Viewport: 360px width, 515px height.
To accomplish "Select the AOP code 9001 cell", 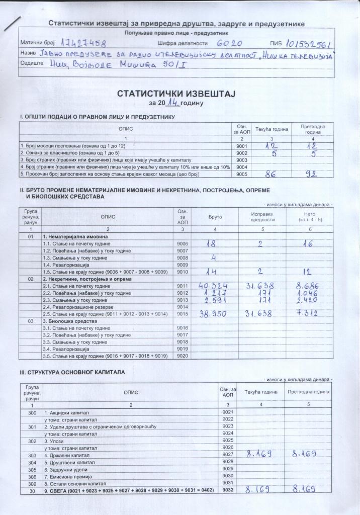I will point(241,145).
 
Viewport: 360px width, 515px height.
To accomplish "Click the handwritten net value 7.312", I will point(307,313).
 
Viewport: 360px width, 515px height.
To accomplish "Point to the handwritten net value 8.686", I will point(307,286).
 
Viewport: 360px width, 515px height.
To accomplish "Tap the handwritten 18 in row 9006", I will point(214,243).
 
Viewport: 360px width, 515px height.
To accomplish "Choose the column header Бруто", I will point(215,216).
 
